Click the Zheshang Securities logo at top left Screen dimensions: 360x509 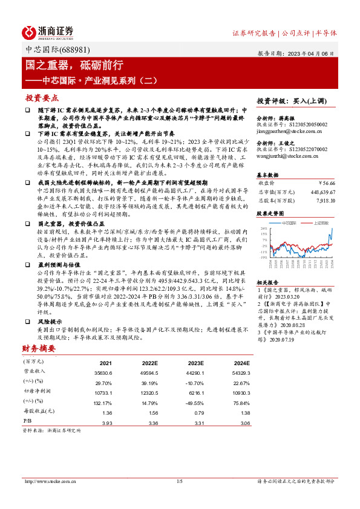pos(48,33)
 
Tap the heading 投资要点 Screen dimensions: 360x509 pos(42,97)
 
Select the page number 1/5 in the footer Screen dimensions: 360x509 pos(179,481)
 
